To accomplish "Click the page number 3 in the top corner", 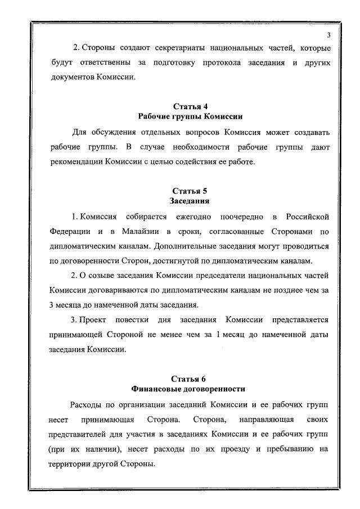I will pos(327,36).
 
